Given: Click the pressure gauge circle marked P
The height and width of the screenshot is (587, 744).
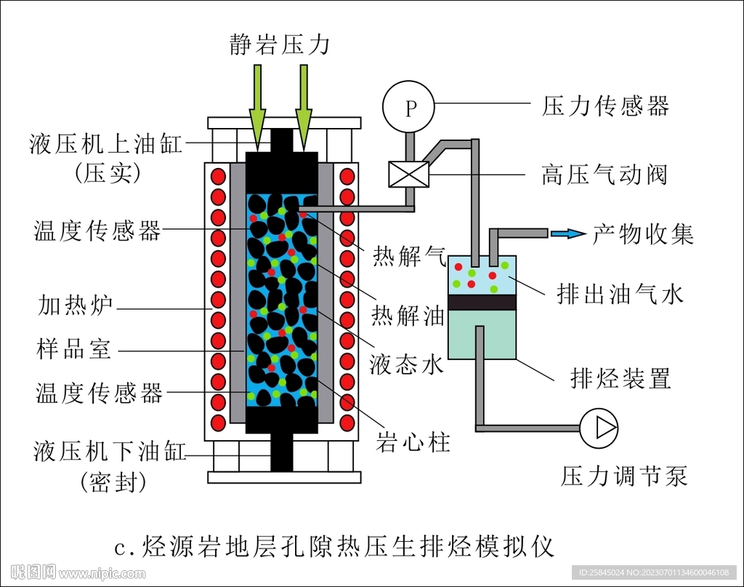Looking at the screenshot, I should click(409, 108).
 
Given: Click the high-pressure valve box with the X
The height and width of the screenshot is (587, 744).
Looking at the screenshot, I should click(409, 175).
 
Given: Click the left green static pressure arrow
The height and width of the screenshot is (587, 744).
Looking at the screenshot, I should click(257, 107).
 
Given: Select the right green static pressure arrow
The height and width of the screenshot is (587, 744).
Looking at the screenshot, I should click(304, 107).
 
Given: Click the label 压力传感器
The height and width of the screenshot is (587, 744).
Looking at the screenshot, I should click(605, 106).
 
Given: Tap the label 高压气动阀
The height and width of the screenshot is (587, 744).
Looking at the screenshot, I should click(604, 175).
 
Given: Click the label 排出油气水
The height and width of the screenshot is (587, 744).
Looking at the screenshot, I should click(620, 294).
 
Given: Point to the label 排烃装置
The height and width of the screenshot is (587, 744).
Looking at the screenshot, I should click(620, 378).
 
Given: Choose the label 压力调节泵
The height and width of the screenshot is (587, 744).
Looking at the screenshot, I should click(624, 476).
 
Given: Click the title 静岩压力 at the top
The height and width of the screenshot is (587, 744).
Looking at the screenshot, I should click(278, 45).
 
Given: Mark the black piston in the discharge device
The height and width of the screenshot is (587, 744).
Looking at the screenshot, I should click(482, 303).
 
